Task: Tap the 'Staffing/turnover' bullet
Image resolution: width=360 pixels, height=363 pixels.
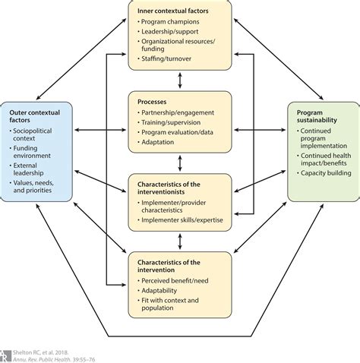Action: [171, 58]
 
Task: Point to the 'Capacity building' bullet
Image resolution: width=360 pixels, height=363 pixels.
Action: [325, 172]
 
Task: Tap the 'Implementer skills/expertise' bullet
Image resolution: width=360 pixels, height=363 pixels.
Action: [185, 220]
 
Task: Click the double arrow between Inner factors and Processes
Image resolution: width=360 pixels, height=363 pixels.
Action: [180, 79]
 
